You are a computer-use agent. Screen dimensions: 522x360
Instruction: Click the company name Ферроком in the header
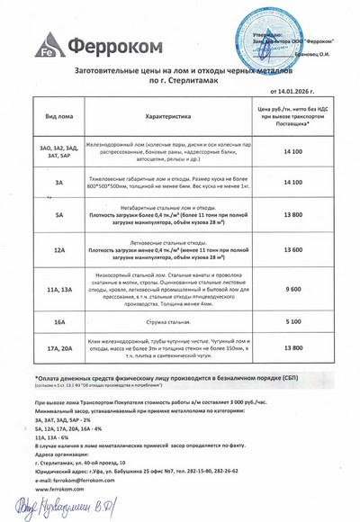pyautogui.click(x=100, y=45)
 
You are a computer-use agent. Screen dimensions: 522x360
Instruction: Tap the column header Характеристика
pyautogui.click(x=168, y=116)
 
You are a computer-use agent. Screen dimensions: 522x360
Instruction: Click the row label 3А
pyautogui.click(x=58, y=183)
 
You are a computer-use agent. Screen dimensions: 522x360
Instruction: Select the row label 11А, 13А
pyautogui.click(x=58, y=289)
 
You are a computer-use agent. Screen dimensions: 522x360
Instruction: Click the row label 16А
pyautogui.click(x=58, y=321)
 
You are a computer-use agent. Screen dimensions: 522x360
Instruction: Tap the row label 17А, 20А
pyautogui.click(x=58, y=347)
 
